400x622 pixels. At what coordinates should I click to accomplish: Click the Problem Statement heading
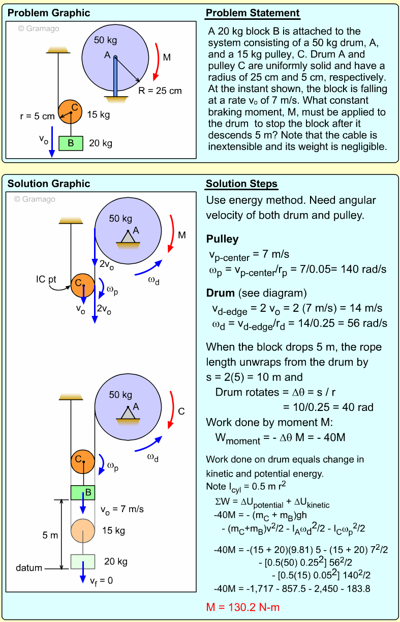(x=253, y=13)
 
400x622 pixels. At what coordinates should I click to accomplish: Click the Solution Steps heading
(x=241, y=184)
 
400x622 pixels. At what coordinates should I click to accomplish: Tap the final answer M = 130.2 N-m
(x=243, y=607)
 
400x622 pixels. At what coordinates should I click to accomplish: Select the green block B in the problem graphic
(x=71, y=143)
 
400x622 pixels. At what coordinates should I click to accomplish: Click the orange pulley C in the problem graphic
(x=70, y=111)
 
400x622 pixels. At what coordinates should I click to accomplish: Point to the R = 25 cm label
(x=160, y=91)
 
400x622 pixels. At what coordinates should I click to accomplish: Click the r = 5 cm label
(x=37, y=116)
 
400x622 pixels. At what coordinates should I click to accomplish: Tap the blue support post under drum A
(x=116, y=76)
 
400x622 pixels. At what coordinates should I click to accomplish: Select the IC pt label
(x=48, y=279)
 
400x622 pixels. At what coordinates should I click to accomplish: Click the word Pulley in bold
(x=222, y=239)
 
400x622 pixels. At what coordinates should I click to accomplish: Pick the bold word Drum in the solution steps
(x=220, y=293)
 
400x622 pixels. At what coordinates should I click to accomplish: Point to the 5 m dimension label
(x=50, y=535)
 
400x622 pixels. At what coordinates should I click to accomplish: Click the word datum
(x=28, y=568)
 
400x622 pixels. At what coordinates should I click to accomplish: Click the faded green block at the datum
(x=82, y=561)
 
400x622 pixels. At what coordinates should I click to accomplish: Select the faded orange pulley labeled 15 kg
(x=83, y=530)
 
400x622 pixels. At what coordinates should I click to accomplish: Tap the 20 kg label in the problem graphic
(x=101, y=143)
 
